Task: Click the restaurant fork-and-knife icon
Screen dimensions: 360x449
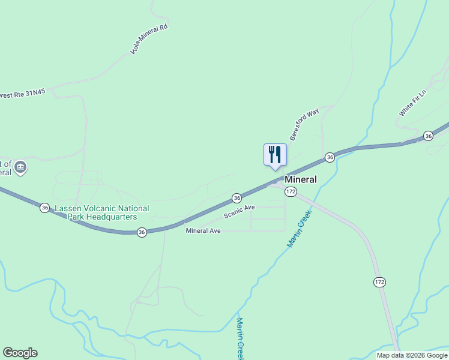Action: click(x=275, y=154)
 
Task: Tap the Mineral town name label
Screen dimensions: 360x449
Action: click(x=300, y=179)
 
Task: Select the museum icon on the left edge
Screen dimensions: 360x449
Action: click(x=21, y=167)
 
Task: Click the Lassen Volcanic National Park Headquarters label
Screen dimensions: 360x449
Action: click(x=102, y=212)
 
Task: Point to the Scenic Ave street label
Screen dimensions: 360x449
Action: click(x=240, y=211)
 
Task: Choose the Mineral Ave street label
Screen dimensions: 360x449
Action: click(x=203, y=230)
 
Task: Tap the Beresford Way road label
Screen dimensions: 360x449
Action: click(x=304, y=124)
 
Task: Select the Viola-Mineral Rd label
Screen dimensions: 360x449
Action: click(x=148, y=40)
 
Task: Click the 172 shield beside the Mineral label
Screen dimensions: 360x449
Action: click(x=291, y=191)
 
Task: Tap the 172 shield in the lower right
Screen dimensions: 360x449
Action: click(x=379, y=282)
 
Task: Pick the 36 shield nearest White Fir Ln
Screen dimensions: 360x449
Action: click(x=427, y=136)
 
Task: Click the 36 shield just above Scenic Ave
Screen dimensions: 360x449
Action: click(x=237, y=197)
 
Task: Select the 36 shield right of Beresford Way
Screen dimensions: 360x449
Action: click(x=330, y=157)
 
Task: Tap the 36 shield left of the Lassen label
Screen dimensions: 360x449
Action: click(x=45, y=208)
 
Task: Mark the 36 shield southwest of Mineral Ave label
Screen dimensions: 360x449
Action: click(x=142, y=232)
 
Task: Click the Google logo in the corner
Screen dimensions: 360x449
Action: click(x=20, y=353)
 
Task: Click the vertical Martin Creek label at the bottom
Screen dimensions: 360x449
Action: click(x=240, y=339)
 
